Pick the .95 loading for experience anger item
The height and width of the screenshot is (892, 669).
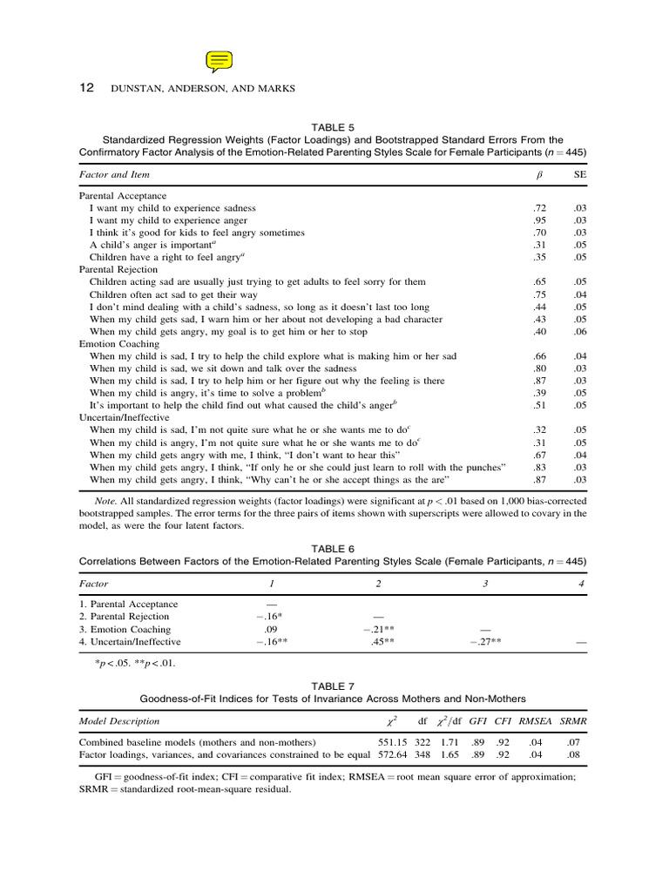539,220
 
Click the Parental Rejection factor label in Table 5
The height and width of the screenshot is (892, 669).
118,270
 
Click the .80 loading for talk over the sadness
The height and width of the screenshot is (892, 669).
539,368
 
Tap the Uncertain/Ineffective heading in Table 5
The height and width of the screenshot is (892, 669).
125,418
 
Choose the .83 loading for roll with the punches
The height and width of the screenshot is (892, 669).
539,468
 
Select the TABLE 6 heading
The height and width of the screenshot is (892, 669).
334,549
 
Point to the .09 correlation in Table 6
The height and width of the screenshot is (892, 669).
270,629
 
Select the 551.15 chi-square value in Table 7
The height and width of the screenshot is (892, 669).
393,742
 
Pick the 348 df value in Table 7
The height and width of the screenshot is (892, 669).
423,754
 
